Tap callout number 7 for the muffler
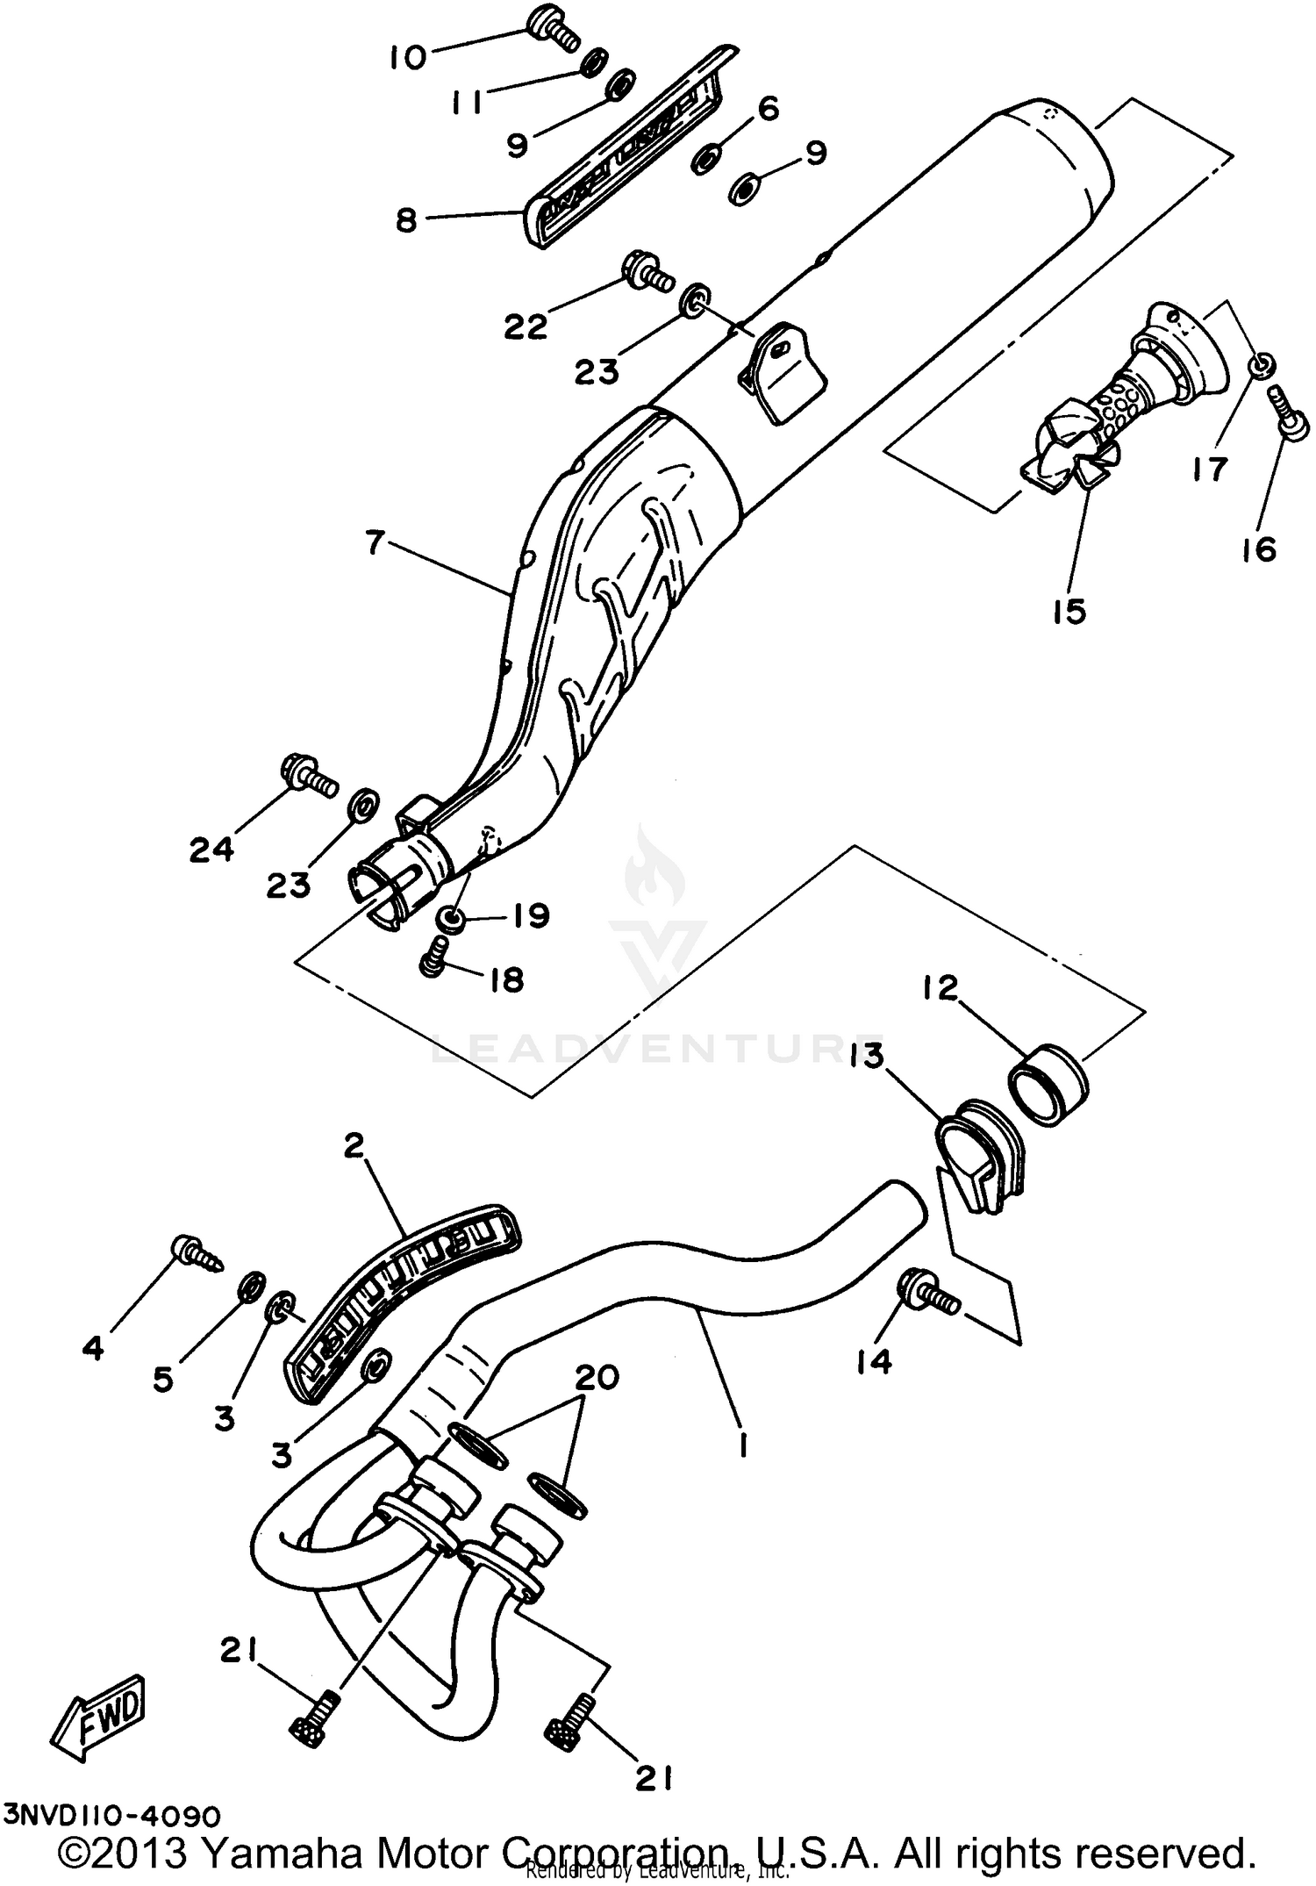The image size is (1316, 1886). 375,544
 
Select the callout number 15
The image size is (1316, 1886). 1069,611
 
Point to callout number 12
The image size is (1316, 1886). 940,989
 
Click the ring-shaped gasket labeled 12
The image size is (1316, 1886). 1051,1085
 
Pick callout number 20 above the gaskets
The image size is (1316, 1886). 596,1377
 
